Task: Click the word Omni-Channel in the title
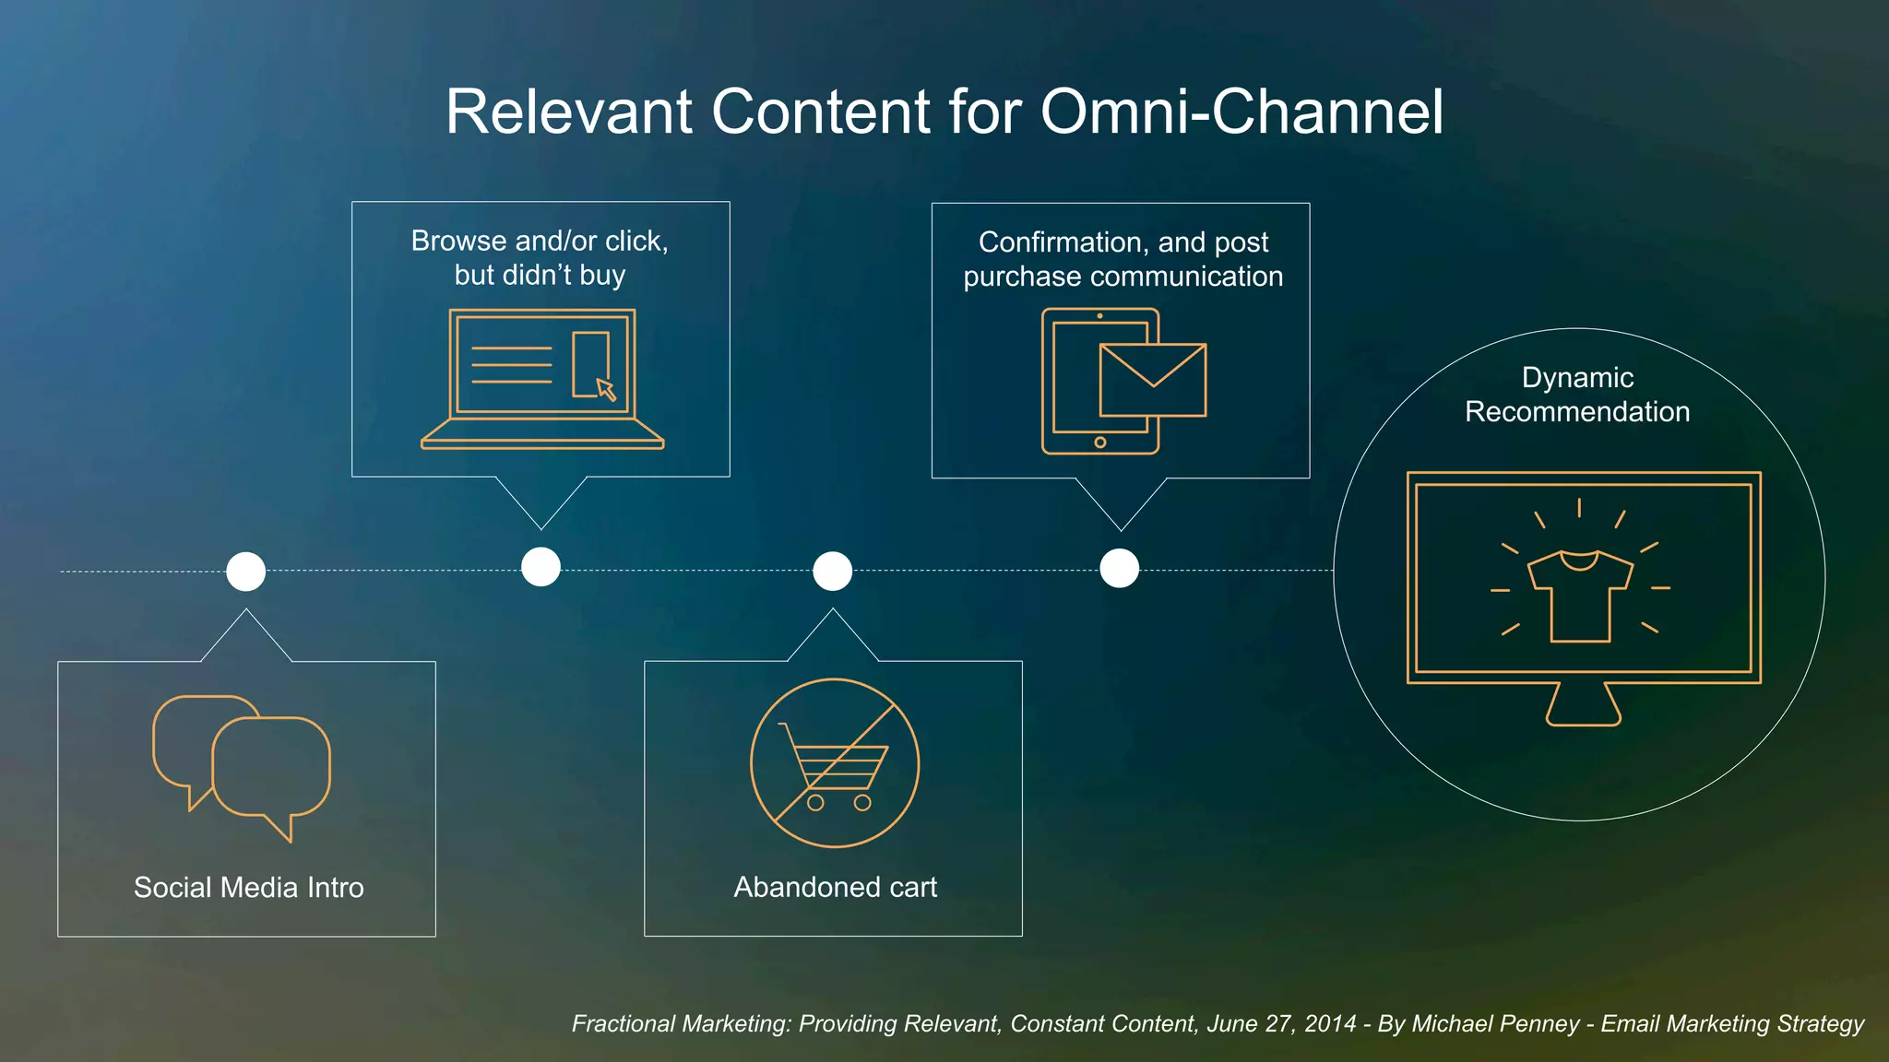tap(1242, 112)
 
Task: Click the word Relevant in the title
tap(569, 112)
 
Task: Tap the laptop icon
tap(542, 379)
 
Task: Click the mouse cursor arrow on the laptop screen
tap(605, 389)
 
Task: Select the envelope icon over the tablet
tap(1153, 380)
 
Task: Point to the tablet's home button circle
tap(1099, 442)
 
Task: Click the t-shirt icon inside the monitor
tap(1580, 596)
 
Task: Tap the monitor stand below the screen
tap(1583, 706)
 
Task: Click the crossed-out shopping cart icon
tap(834, 763)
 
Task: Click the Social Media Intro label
tap(248, 887)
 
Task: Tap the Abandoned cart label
tap(835, 887)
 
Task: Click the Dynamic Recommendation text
tap(1577, 395)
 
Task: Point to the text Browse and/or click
tap(540, 241)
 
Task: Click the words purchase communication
tap(1123, 277)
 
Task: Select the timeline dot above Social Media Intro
tap(246, 572)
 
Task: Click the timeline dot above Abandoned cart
tap(832, 572)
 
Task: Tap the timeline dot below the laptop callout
tap(541, 567)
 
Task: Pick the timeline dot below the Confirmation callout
tap(1119, 568)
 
